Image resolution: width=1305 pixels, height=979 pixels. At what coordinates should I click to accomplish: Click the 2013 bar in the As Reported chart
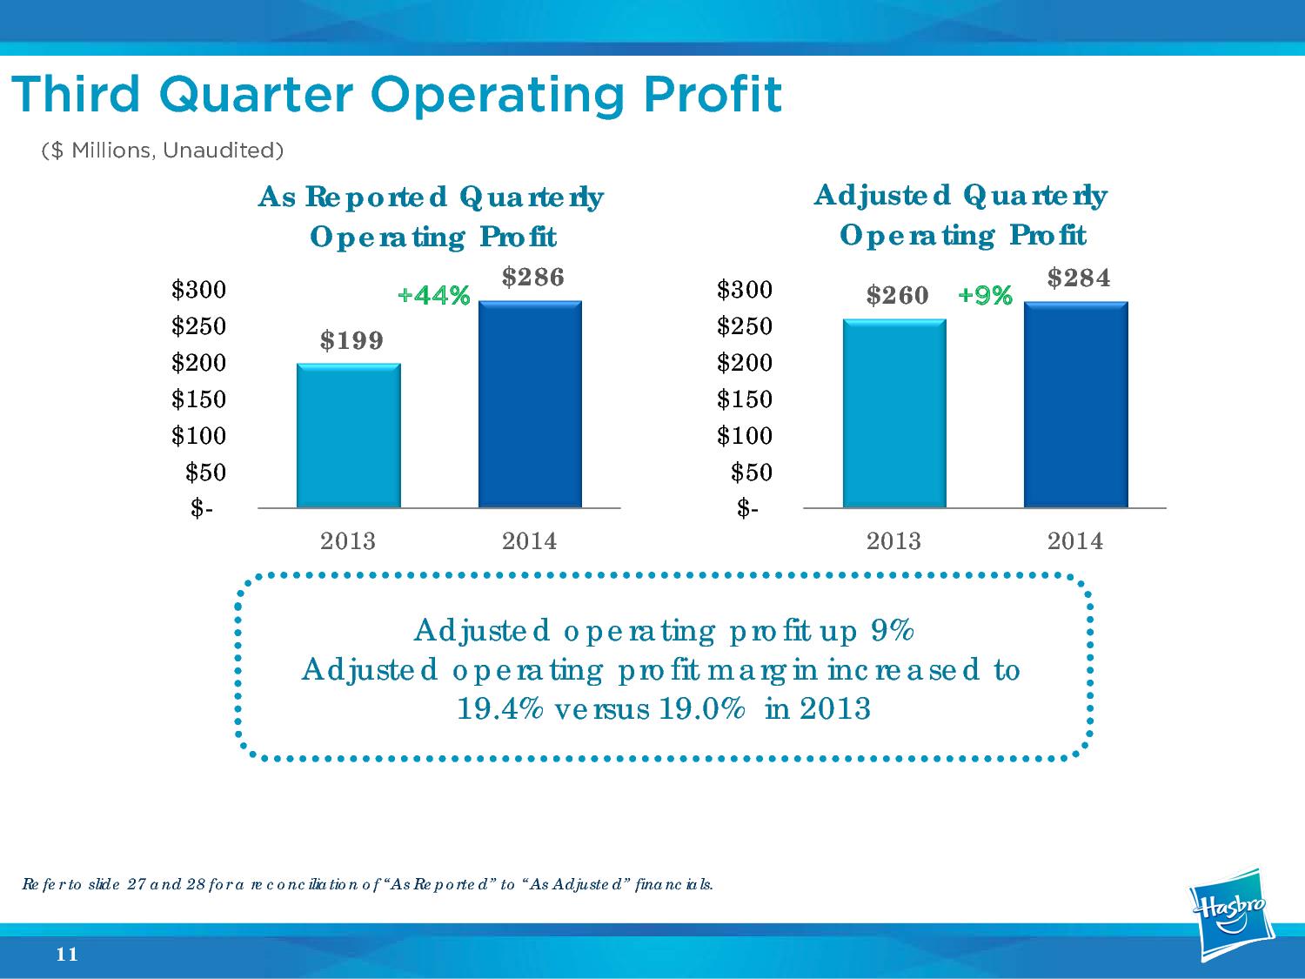click(348, 435)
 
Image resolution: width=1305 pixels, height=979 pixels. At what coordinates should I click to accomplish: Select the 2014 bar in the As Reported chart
click(530, 404)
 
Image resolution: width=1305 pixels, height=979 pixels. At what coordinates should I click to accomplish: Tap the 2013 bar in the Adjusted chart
click(893, 413)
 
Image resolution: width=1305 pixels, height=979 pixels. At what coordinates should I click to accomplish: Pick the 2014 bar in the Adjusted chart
click(1075, 405)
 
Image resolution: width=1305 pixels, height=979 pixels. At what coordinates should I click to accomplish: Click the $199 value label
click(351, 340)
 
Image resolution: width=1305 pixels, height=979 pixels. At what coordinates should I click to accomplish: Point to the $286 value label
click(533, 277)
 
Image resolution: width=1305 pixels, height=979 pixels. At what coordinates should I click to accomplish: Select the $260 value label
click(897, 296)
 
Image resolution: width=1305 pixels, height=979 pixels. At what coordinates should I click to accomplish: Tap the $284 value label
click(1079, 278)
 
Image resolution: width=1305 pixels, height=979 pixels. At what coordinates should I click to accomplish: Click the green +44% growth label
click(433, 297)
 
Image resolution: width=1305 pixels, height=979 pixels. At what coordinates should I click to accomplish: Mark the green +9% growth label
click(985, 297)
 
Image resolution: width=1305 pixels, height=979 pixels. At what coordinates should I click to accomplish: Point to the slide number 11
click(67, 955)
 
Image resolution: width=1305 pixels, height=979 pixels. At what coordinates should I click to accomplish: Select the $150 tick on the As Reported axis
click(198, 399)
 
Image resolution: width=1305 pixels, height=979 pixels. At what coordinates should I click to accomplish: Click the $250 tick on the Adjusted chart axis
click(744, 326)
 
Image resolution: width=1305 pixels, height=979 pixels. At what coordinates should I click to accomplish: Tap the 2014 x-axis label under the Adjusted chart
click(1075, 541)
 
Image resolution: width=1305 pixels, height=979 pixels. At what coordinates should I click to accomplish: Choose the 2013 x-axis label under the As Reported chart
click(348, 541)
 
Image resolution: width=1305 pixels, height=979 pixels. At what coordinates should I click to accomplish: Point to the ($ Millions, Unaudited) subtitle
click(163, 151)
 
